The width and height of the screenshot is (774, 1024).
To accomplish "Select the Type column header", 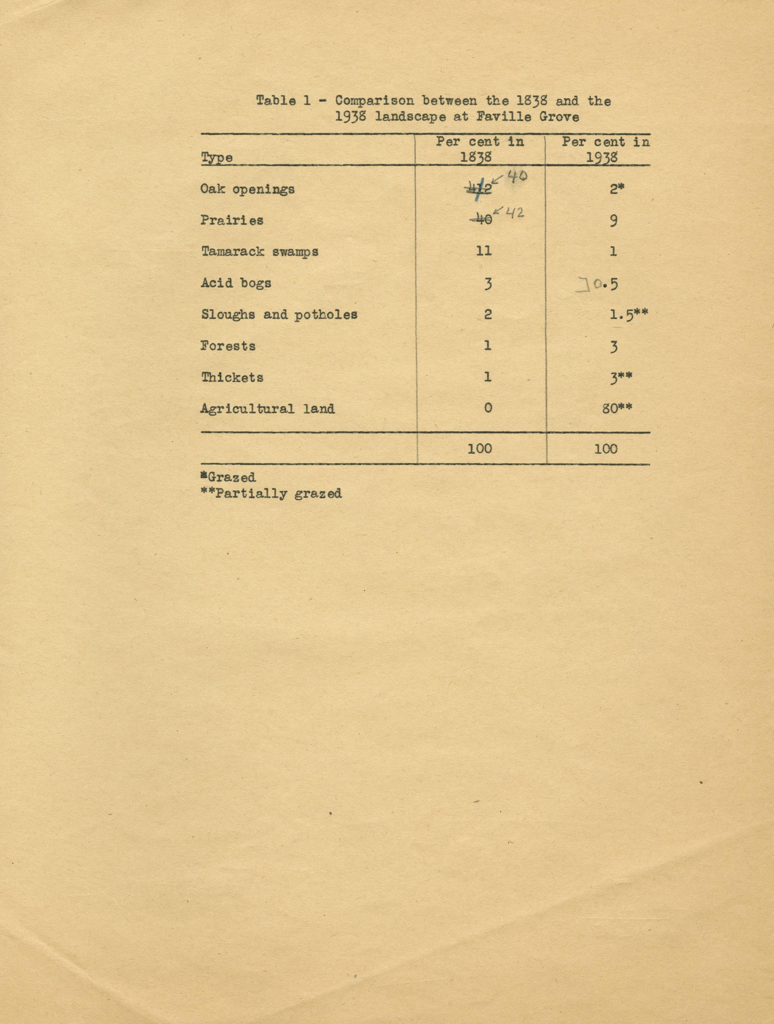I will tap(217, 158).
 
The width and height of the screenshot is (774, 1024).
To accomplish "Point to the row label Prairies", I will tap(232, 220).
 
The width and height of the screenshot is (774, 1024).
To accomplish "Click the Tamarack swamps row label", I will tap(260, 252).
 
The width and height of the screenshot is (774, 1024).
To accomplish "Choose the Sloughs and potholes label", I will tap(279, 315).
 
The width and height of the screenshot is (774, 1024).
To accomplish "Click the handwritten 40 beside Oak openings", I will tap(517, 176).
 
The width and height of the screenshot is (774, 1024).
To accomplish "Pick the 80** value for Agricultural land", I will tap(617, 409).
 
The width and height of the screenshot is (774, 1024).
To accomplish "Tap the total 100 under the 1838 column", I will tap(479, 448).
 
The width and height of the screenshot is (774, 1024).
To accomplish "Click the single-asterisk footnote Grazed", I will tap(228, 477).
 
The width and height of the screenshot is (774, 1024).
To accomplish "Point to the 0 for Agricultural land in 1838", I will tap(487, 408).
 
